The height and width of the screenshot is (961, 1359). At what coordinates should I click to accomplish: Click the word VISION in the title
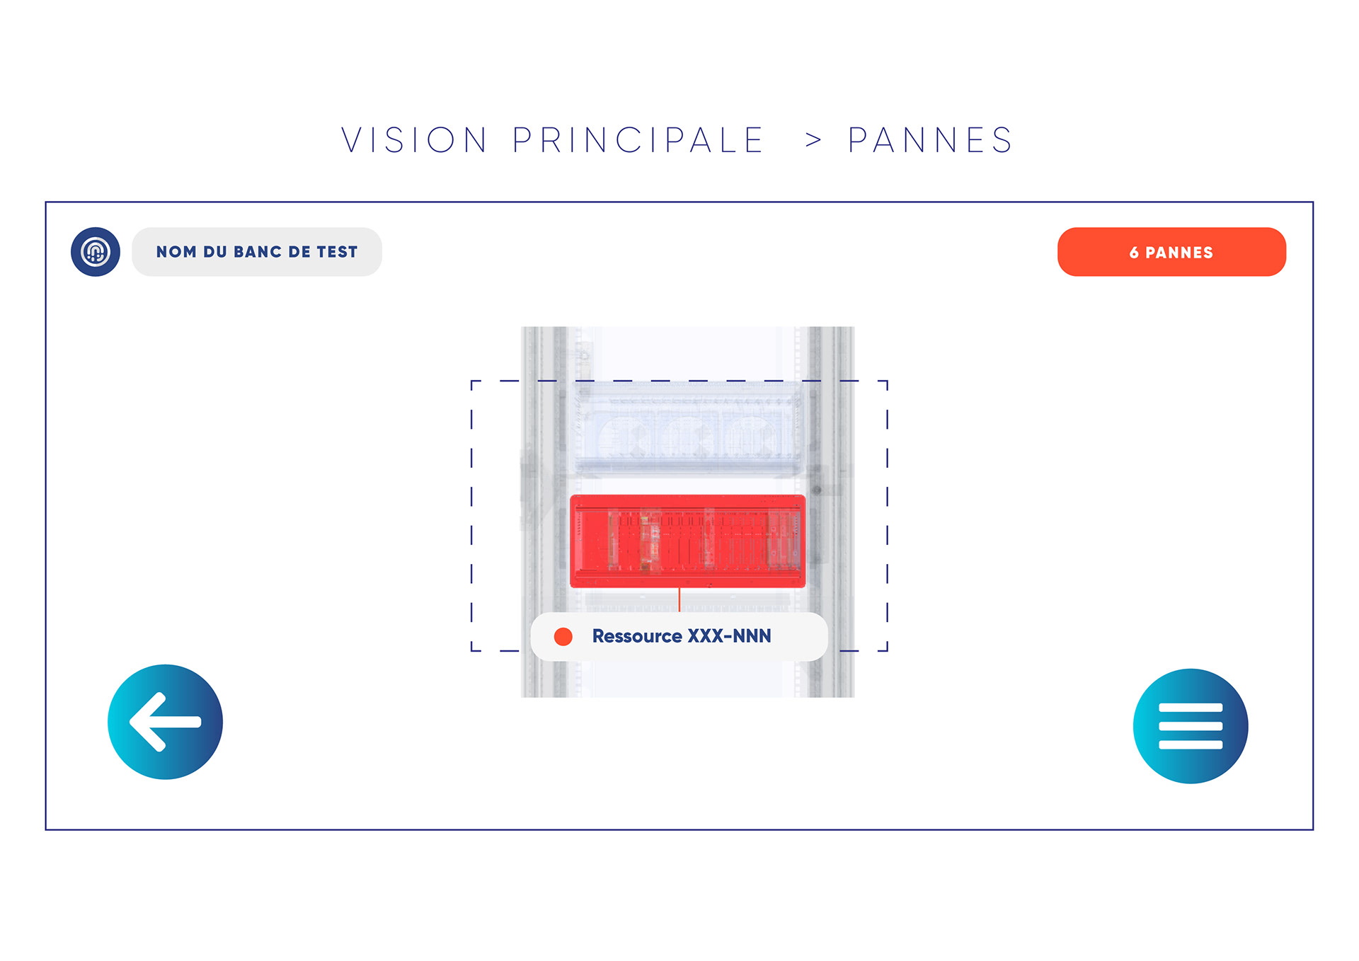(x=414, y=140)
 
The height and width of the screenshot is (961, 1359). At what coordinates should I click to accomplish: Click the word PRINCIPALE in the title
(x=638, y=140)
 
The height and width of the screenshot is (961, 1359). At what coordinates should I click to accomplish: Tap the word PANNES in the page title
(x=930, y=140)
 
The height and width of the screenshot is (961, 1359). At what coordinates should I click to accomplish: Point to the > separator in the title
(x=813, y=141)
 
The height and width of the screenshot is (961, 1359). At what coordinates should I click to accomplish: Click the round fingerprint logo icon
(x=96, y=252)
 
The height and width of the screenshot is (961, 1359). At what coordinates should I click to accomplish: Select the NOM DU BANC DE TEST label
(x=257, y=252)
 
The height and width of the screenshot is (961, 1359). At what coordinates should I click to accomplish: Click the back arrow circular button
(x=165, y=722)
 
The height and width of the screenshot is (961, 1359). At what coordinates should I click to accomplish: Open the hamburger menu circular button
(x=1191, y=726)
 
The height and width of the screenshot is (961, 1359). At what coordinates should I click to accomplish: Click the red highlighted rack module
(x=687, y=541)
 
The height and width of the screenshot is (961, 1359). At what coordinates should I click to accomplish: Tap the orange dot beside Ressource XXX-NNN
(x=563, y=637)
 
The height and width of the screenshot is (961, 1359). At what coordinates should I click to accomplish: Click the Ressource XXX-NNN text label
(x=681, y=636)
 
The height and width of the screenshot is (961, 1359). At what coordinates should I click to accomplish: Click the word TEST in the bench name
(x=337, y=252)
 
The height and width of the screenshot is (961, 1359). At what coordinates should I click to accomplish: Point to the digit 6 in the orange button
(x=1134, y=253)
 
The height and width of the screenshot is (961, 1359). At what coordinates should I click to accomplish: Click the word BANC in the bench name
(x=258, y=252)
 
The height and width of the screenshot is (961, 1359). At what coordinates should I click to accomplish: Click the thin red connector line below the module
(x=679, y=599)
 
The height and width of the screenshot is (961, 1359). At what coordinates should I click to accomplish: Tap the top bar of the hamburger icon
(x=1191, y=708)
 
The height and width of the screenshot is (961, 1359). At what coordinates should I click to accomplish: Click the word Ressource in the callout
(x=637, y=636)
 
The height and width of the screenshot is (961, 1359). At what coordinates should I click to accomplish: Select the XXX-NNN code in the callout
(x=730, y=636)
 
